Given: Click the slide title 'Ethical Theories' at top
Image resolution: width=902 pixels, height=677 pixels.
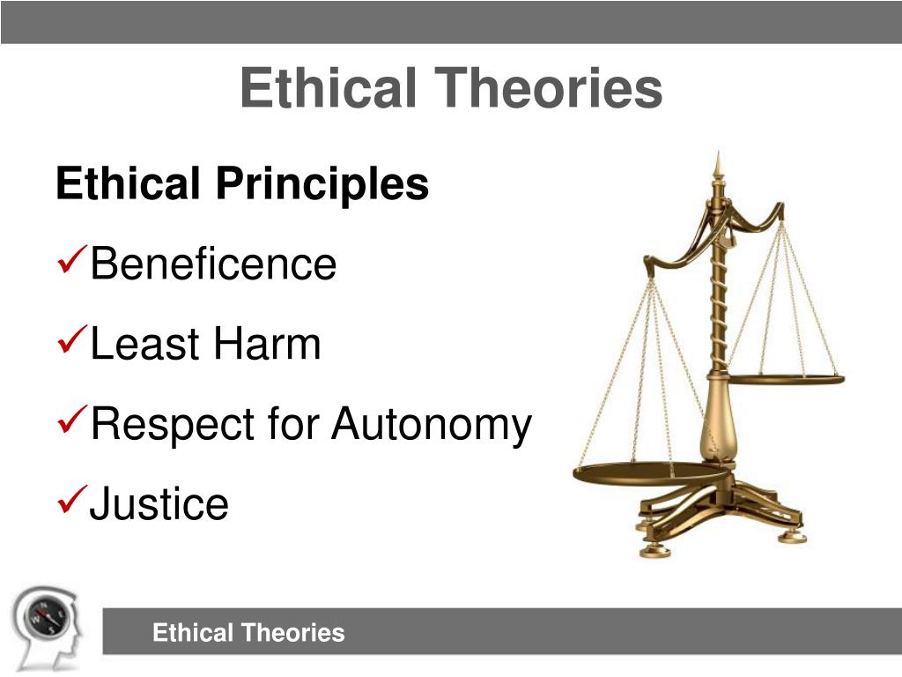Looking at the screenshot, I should [x=450, y=90].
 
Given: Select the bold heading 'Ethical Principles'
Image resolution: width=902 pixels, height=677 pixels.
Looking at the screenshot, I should [x=242, y=185].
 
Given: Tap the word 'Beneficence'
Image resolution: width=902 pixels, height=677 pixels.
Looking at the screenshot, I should [x=213, y=264].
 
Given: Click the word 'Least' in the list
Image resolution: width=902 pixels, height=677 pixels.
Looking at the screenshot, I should [x=144, y=345].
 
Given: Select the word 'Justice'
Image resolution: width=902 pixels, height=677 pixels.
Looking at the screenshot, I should [x=159, y=504].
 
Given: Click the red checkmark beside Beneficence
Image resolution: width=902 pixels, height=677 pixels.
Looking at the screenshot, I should [x=71, y=262].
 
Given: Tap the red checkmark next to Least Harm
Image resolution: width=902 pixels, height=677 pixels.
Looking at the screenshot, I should [x=71, y=342].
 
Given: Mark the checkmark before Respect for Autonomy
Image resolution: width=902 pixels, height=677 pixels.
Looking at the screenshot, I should [x=71, y=422].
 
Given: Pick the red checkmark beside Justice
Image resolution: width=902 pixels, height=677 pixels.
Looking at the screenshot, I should [x=71, y=502].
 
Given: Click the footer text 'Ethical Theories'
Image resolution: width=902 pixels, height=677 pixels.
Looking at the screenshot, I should [x=248, y=633].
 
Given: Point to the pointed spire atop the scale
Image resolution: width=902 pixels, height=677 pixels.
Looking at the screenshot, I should [x=718, y=167].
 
